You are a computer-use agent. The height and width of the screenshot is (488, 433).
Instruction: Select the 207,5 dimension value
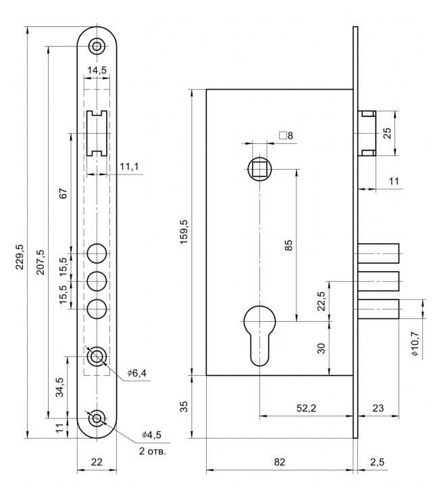point(41,262)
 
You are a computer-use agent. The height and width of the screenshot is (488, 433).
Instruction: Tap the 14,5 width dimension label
point(97,70)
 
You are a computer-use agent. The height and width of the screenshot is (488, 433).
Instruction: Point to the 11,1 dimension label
point(130,167)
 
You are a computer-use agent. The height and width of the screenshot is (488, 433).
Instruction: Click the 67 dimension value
point(63,193)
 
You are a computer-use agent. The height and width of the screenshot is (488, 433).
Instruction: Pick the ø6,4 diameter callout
point(136,372)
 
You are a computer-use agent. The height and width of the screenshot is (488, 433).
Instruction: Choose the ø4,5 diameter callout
point(151,435)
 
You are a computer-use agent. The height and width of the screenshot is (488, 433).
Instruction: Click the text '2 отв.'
point(153,451)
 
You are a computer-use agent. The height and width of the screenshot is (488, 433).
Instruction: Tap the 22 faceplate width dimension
point(97,462)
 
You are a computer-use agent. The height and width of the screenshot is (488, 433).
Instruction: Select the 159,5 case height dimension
point(184,232)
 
